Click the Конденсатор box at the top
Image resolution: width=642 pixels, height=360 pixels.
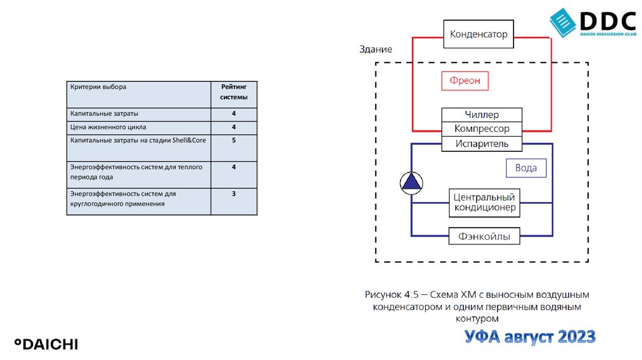[478, 34]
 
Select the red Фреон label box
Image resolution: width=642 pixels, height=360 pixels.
[465, 81]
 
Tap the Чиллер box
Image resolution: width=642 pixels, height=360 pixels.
[481, 115]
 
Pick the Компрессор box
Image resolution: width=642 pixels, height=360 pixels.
[481, 129]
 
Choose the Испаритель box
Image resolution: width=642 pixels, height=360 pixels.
[481, 144]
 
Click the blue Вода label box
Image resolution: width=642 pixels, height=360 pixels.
[525, 168]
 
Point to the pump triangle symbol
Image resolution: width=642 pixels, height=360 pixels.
[412, 182]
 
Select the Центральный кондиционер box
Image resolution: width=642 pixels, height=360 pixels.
[485, 203]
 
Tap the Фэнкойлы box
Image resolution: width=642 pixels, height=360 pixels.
[484, 237]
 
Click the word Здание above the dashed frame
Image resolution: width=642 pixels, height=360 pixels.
[376, 49]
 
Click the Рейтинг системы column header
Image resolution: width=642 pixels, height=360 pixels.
[233, 92]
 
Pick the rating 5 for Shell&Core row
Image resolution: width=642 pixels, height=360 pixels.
[233, 140]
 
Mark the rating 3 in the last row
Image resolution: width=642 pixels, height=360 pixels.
[233, 194]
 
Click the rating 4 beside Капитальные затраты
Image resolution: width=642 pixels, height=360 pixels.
[233, 114]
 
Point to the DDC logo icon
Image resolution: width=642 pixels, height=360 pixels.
[562, 22]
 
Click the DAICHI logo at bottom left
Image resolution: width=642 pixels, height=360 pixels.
[46, 344]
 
